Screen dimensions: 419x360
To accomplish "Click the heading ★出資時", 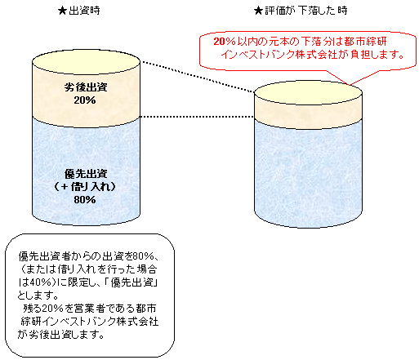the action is click(79, 11).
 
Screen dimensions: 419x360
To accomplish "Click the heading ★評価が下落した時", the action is click(301, 11).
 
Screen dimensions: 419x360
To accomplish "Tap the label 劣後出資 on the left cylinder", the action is click(86, 87).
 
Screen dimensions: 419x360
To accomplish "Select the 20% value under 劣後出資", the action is click(85, 100).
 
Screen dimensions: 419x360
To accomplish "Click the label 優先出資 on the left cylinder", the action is click(86, 174).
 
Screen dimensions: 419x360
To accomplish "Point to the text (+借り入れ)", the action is click(85, 187).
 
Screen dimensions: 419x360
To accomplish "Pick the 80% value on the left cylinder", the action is click(85, 200).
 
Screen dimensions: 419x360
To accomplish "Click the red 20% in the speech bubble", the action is click(225, 42).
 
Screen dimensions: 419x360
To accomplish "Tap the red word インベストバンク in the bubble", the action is click(258, 55).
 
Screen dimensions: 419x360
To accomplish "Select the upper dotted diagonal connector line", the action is click(198, 78).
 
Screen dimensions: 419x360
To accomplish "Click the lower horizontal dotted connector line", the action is click(197, 117).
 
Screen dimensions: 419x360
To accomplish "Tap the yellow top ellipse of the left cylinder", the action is click(86, 62).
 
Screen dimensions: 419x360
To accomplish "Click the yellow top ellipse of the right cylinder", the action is click(308, 92).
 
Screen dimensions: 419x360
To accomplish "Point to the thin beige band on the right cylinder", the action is click(308, 116).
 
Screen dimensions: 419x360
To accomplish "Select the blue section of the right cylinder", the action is click(308, 174).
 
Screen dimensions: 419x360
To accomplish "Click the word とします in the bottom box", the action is click(38, 295).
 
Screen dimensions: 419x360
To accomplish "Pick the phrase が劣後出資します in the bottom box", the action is click(61, 335).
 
